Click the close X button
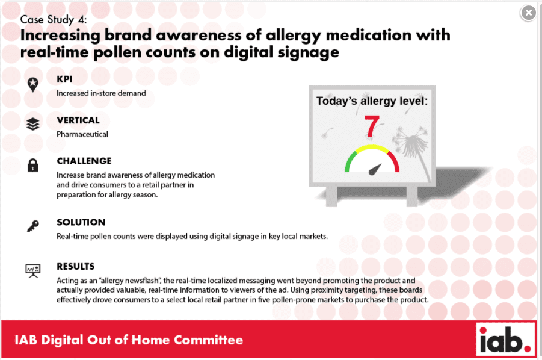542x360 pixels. pyautogui.click(x=528, y=13)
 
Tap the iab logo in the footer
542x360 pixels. pyautogui.click(x=505, y=340)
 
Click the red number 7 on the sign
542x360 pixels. pyautogui.click(x=372, y=126)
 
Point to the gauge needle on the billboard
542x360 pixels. pyautogui.click(x=375, y=169)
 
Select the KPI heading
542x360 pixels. pyautogui.click(x=64, y=79)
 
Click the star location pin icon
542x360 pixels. pyautogui.click(x=33, y=85)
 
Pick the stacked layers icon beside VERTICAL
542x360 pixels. pyautogui.click(x=33, y=124)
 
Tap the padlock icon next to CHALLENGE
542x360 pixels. pyautogui.click(x=33, y=166)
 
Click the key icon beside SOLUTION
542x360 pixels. pyautogui.click(x=33, y=226)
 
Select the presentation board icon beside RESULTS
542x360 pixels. pyautogui.click(x=33, y=271)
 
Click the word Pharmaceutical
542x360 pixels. pyautogui.click(x=82, y=134)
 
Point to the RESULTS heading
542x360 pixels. pyautogui.click(x=75, y=266)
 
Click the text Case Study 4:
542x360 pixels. pyautogui.click(x=53, y=20)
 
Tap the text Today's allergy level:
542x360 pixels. pyautogui.click(x=372, y=101)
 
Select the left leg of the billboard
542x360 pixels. pyautogui.click(x=331, y=196)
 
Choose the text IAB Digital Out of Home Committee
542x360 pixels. pyautogui.click(x=129, y=340)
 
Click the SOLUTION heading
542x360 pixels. pyautogui.click(x=81, y=222)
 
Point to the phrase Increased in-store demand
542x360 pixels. pyautogui.click(x=101, y=93)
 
